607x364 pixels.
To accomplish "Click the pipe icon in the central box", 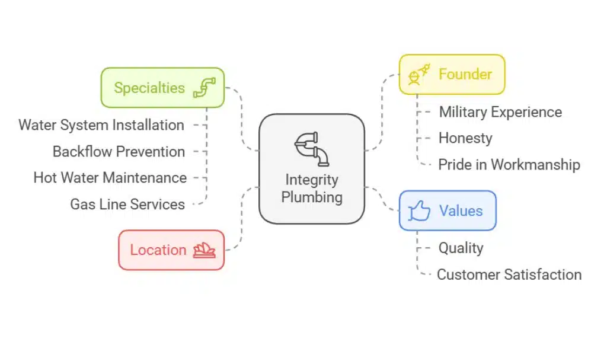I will [312, 149].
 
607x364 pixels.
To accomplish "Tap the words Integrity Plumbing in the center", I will [312, 188].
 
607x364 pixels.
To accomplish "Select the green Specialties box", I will [162, 88].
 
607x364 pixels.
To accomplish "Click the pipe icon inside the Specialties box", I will [205, 88].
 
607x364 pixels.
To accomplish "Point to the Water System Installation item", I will [101, 125].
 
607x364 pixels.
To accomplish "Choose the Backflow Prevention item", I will [119, 152].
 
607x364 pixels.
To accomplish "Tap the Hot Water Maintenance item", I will [110, 178].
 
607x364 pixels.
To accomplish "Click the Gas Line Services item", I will [127, 205].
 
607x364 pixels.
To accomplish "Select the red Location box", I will [171, 250].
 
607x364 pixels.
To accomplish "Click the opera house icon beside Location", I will [205, 250].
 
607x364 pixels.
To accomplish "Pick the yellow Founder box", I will [452, 75].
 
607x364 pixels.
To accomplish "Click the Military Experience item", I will [500, 112].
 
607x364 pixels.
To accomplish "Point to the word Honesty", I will [465, 138].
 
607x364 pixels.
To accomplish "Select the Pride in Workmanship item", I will [509, 165].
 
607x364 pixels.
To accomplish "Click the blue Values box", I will [448, 210].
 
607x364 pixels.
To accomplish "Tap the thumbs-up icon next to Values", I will [420, 211].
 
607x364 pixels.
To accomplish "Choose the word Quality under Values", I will [461, 248].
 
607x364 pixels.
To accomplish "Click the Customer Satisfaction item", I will [509, 274].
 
